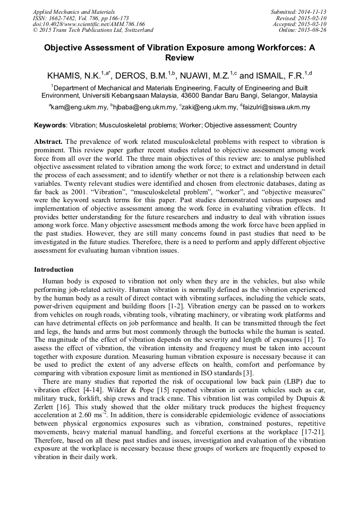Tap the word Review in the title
point(179,58)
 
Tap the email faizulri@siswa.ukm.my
point(277,107)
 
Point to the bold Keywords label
point(50,125)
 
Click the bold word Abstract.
point(48,142)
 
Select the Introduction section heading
point(54,270)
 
